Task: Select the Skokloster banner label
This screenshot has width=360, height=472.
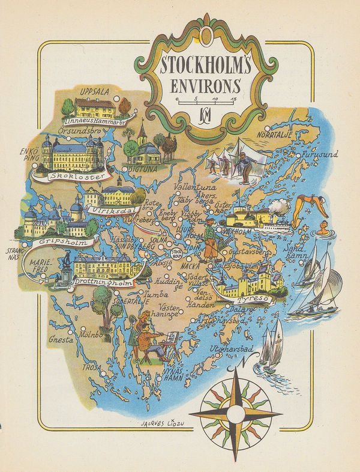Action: [73, 177]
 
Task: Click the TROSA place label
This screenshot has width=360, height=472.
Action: [93, 366]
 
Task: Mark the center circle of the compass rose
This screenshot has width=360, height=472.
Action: [235, 414]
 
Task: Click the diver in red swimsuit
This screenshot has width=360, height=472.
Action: [311, 207]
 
